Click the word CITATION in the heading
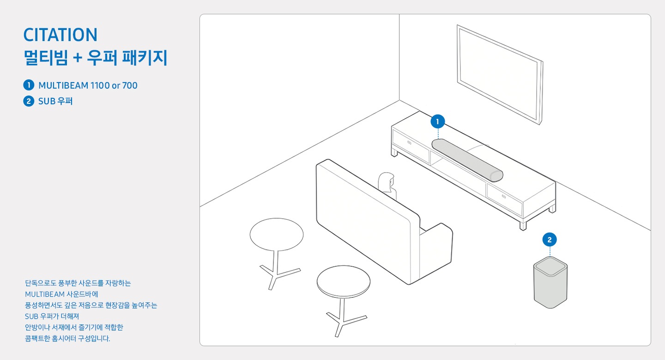(60, 35)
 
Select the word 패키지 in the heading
(145, 58)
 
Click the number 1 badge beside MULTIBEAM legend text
(29, 85)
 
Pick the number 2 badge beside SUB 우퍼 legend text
(29, 101)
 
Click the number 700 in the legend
(130, 85)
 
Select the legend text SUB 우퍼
(55, 101)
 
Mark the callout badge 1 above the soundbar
(437, 122)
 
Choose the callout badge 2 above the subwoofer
(550, 240)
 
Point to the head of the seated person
(386, 181)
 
